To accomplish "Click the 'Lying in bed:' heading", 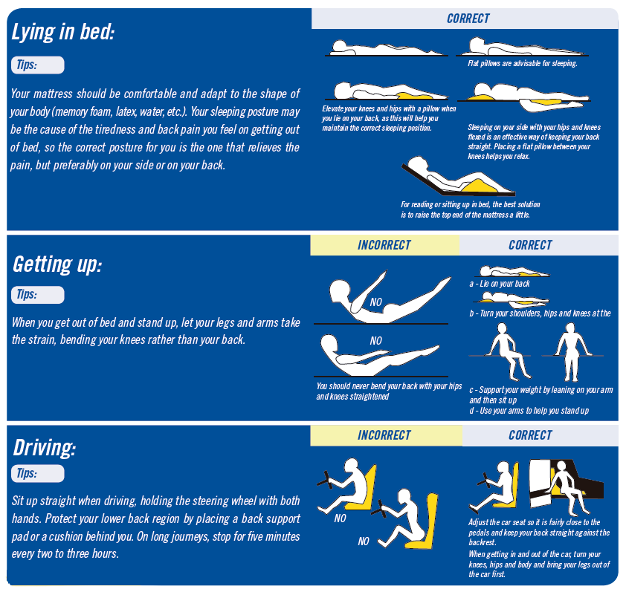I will [x=64, y=33].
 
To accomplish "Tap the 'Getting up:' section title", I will [x=57, y=264].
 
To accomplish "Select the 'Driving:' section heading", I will [x=45, y=447].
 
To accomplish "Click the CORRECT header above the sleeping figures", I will [x=468, y=19].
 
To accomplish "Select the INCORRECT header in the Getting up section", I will [x=384, y=245].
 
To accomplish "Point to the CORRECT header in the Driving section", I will [x=530, y=435].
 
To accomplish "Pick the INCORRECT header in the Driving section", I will [x=384, y=435].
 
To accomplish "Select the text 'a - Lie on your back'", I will [x=499, y=284].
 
